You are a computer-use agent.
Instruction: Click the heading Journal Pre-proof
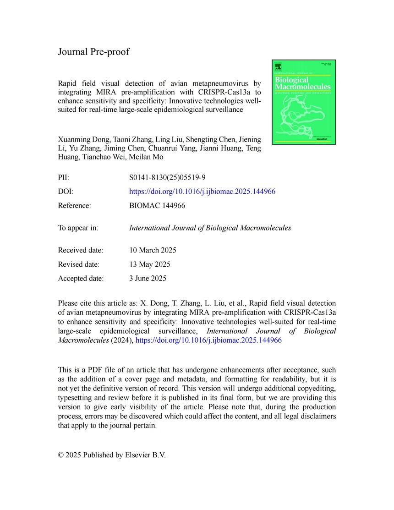pyautogui.click(x=93, y=52)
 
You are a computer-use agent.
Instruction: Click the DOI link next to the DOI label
pyautogui.click(x=202, y=192)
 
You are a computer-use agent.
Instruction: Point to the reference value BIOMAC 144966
pyautogui.click(x=158, y=206)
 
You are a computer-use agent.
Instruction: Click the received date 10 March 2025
pyautogui.click(x=153, y=250)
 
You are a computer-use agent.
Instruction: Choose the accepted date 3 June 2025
pyautogui.click(x=148, y=278)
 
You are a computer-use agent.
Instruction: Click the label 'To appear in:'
pyautogui.click(x=78, y=228)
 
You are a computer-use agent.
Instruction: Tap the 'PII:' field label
pyautogui.click(x=64, y=177)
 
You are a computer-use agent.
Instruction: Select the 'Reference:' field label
pyautogui.click(x=74, y=206)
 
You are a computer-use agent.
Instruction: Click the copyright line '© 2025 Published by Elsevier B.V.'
pyautogui.click(x=112, y=455)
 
